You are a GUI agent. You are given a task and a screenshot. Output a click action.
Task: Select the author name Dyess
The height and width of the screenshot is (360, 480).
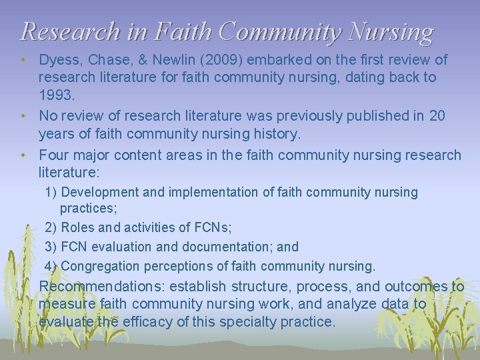58,60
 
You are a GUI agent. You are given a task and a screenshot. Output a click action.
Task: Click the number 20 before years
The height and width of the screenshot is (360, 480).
437,116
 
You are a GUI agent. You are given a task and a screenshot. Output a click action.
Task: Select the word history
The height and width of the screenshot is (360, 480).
277,134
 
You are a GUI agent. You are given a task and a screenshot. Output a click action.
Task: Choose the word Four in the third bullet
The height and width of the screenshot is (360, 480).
54,155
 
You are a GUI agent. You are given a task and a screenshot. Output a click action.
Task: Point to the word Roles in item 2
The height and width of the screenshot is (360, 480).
79,227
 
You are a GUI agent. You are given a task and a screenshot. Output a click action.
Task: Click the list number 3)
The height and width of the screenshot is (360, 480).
51,247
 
